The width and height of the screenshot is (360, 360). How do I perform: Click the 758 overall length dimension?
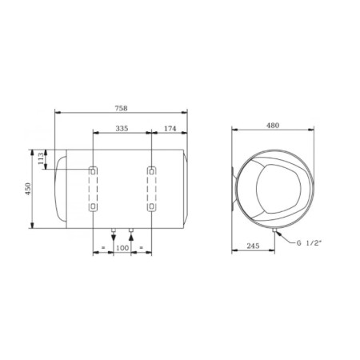click(121, 102)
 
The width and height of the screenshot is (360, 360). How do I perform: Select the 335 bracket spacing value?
click(122, 126)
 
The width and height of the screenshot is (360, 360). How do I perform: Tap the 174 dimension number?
click(169, 126)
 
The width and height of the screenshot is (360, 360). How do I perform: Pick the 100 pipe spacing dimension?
click(122, 249)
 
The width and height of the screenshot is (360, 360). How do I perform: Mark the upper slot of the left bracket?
click(94, 170)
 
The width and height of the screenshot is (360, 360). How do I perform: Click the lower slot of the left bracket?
click(94, 207)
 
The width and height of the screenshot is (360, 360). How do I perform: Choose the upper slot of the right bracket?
click(151, 170)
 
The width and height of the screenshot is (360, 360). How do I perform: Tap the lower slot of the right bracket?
click(151, 207)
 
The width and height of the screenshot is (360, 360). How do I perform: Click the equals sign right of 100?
click(142, 249)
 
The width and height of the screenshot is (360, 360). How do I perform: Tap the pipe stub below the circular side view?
click(274, 231)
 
